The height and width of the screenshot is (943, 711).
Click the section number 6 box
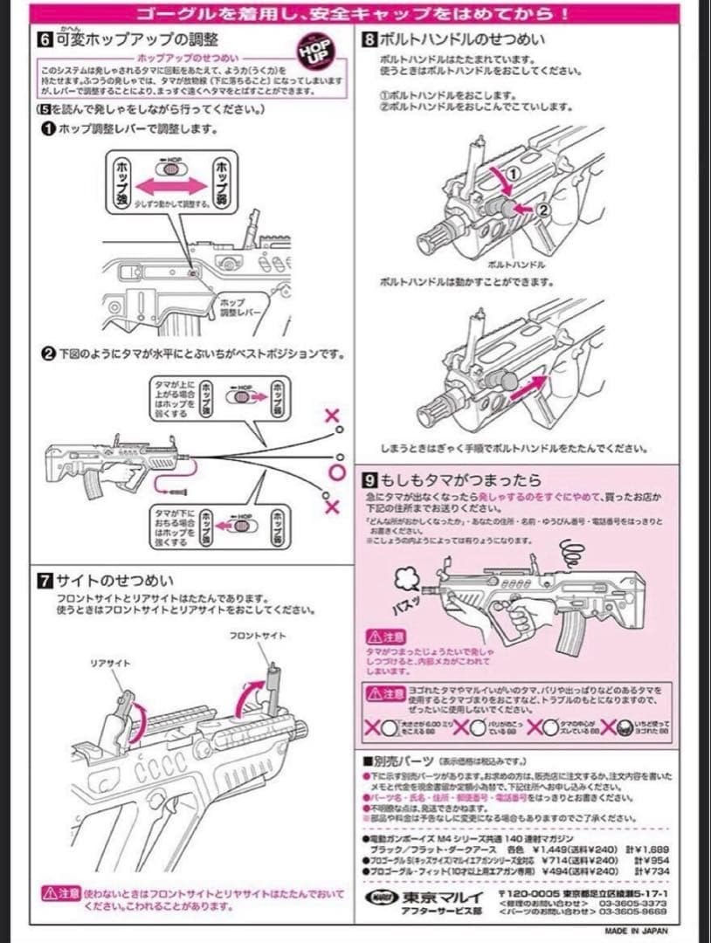coord(44,39)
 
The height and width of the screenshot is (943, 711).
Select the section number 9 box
coord(369,480)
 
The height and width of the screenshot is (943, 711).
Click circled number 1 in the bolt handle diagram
coord(513,174)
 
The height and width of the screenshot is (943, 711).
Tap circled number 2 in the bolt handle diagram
coord(542,210)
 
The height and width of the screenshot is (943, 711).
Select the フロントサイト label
coord(257,636)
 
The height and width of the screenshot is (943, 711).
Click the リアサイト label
coord(110,664)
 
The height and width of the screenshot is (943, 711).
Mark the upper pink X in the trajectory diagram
coord(332,416)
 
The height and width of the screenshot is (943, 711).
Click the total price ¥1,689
coord(652,848)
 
